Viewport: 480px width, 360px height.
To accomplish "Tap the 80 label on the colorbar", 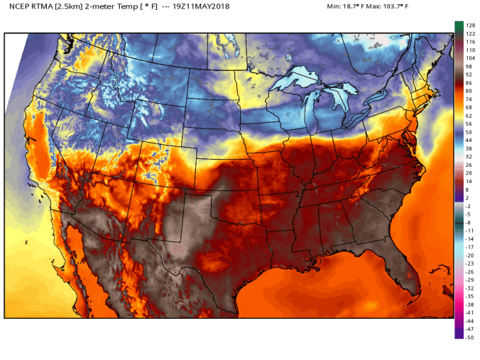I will pyautogui.click(x=469, y=91).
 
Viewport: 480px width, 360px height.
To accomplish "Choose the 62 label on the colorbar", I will pyautogui.click(x=469, y=115).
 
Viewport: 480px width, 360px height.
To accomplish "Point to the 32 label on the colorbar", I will pyautogui.click(x=469, y=156).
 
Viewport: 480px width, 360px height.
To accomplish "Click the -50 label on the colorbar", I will pyautogui.click(x=469, y=337).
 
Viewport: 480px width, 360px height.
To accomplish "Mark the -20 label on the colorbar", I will pyautogui.click(x=469, y=255).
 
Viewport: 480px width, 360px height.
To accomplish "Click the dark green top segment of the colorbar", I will pyautogui.click(x=459, y=26).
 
